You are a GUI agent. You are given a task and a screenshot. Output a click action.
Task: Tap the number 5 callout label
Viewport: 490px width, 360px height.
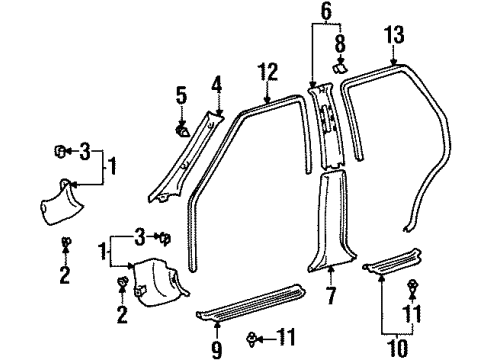point(180,96)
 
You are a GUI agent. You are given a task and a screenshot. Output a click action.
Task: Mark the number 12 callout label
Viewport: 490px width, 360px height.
point(268,72)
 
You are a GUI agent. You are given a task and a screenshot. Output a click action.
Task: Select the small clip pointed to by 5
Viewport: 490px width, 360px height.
point(183,129)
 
